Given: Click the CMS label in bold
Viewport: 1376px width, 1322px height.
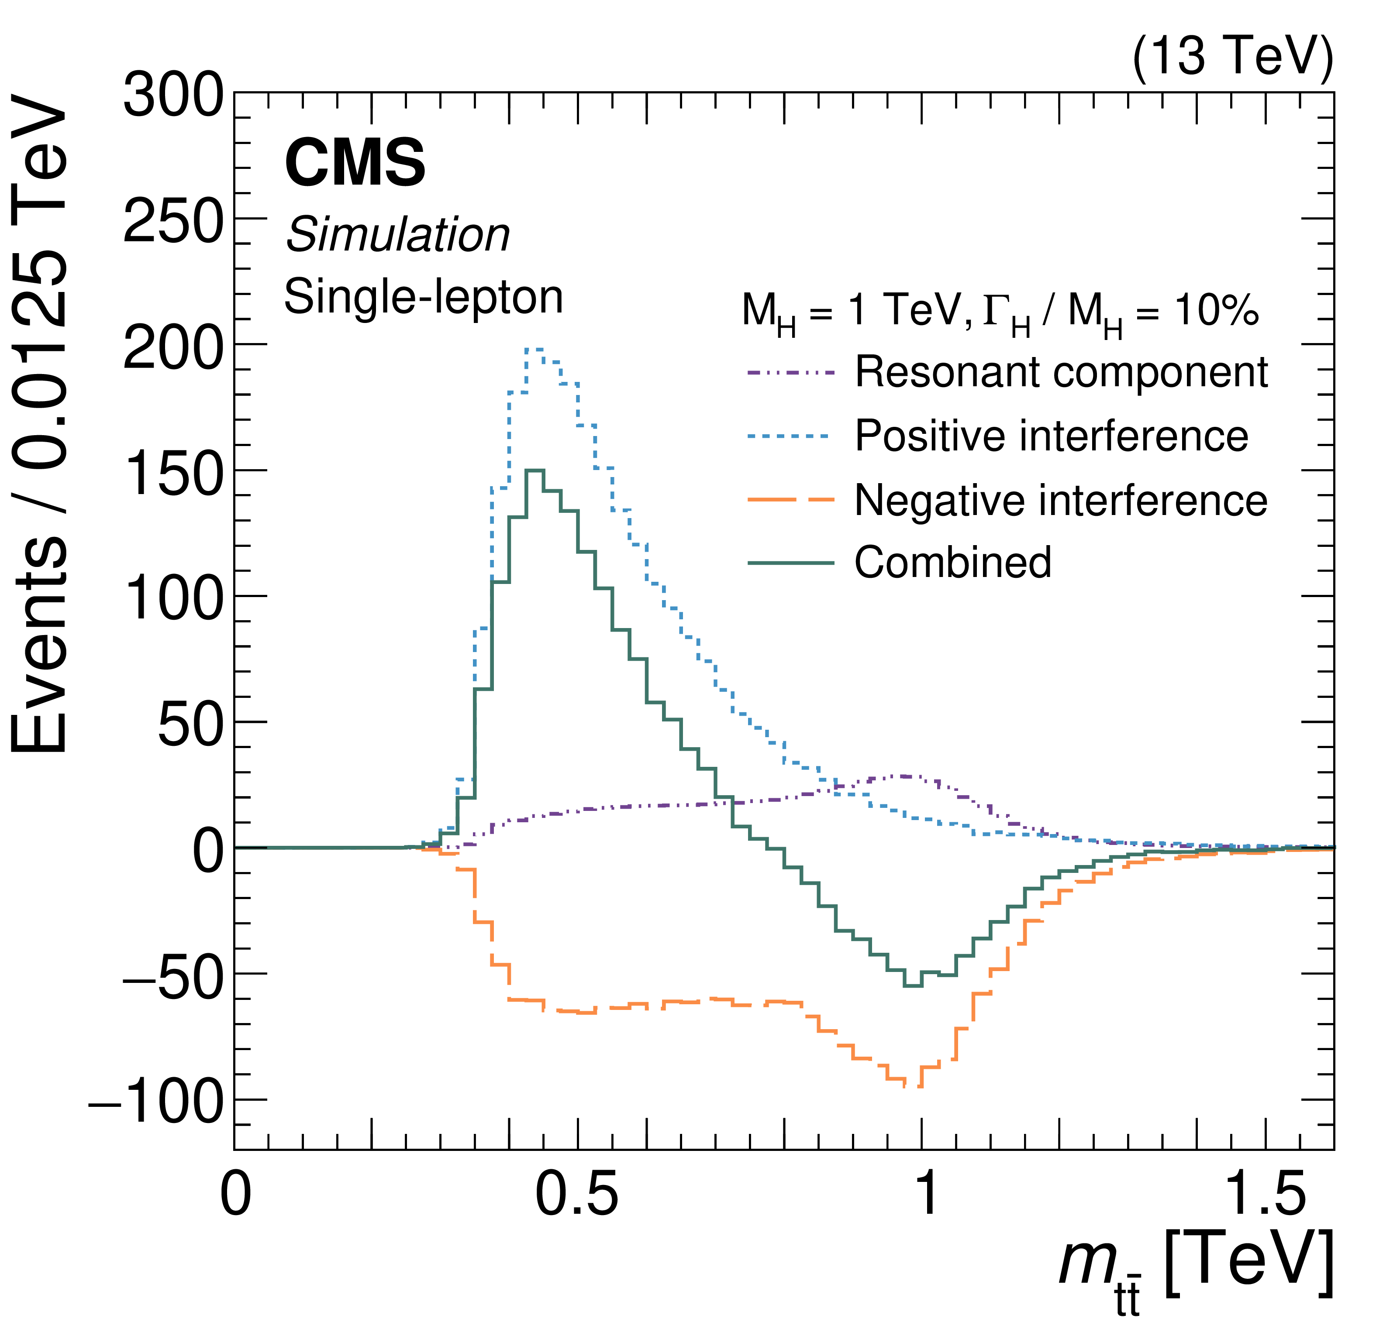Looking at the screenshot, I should [x=355, y=163].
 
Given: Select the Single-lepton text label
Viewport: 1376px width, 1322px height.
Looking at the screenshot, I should [x=423, y=297].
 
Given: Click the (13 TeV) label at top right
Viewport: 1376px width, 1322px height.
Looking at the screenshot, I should [x=1232, y=56].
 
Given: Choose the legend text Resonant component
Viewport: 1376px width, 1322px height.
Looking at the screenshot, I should [x=1061, y=372].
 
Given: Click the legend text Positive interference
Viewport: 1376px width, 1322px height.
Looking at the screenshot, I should [x=1051, y=436].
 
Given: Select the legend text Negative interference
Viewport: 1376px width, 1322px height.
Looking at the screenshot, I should [x=1061, y=500].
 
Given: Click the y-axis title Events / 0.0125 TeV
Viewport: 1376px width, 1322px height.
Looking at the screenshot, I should [x=40, y=428].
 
